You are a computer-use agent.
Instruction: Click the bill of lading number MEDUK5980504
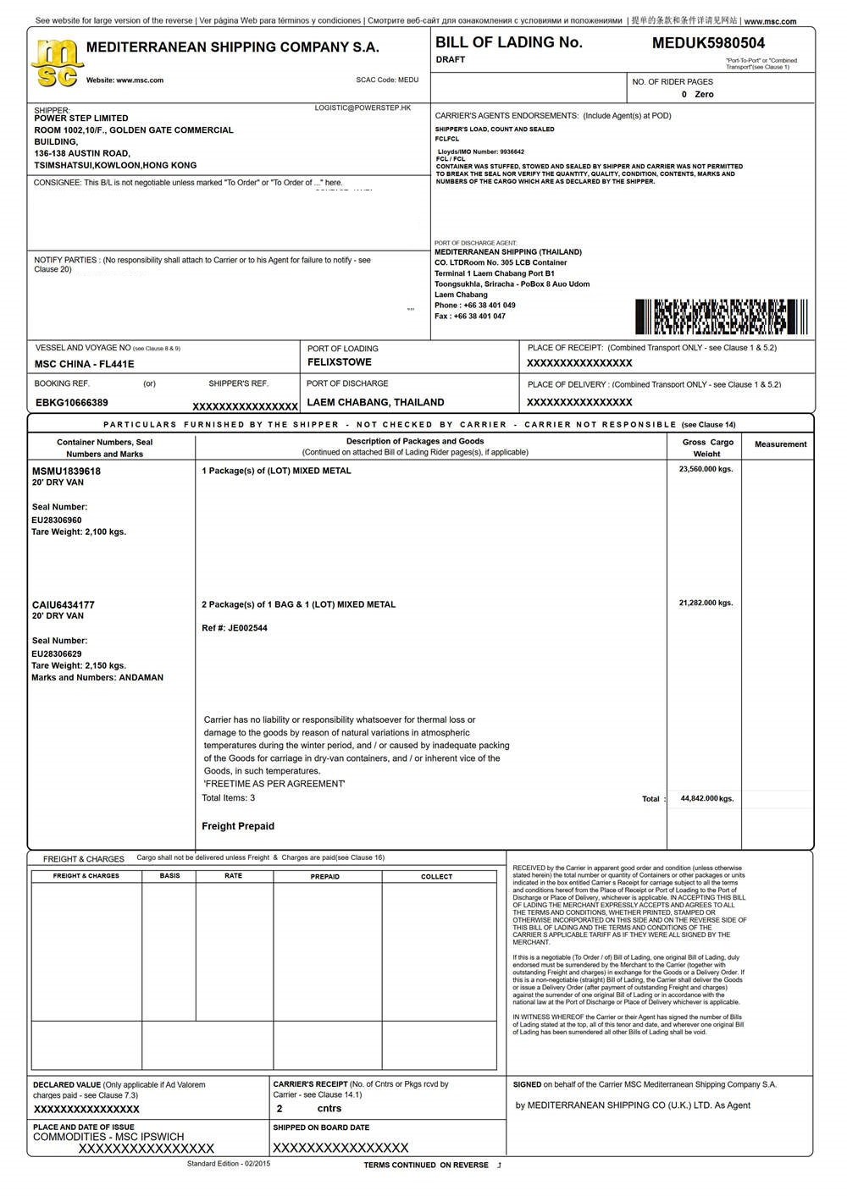click(708, 43)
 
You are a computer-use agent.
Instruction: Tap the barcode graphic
click(721, 317)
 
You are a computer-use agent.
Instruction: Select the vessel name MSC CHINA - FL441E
click(84, 364)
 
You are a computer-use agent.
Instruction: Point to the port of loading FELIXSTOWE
click(339, 362)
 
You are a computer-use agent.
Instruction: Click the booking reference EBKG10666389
click(72, 403)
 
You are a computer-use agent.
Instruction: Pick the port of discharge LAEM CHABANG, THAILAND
click(375, 403)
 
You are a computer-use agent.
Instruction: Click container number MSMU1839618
click(66, 471)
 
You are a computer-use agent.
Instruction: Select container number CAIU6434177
click(64, 605)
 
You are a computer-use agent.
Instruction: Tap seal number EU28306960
click(57, 521)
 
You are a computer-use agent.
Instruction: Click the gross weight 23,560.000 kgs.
click(706, 469)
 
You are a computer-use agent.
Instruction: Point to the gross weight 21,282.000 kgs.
click(706, 604)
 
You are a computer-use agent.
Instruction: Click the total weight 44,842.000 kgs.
click(707, 798)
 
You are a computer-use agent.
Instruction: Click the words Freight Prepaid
click(238, 826)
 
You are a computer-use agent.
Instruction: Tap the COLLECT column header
click(437, 877)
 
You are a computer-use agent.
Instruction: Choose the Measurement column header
click(780, 444)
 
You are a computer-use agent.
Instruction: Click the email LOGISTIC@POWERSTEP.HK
click(363, 108)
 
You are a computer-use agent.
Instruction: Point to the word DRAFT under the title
click(451, 60)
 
